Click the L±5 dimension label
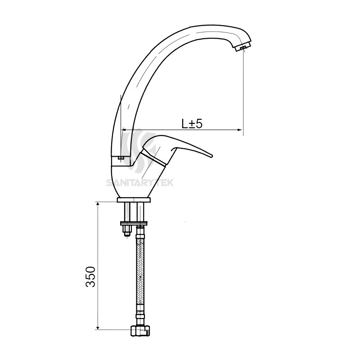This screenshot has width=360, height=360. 193,123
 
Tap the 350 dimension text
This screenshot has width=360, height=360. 90,276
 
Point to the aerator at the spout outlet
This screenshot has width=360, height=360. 243,48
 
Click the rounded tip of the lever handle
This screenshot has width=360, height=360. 209,156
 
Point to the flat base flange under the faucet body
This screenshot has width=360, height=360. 134,200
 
